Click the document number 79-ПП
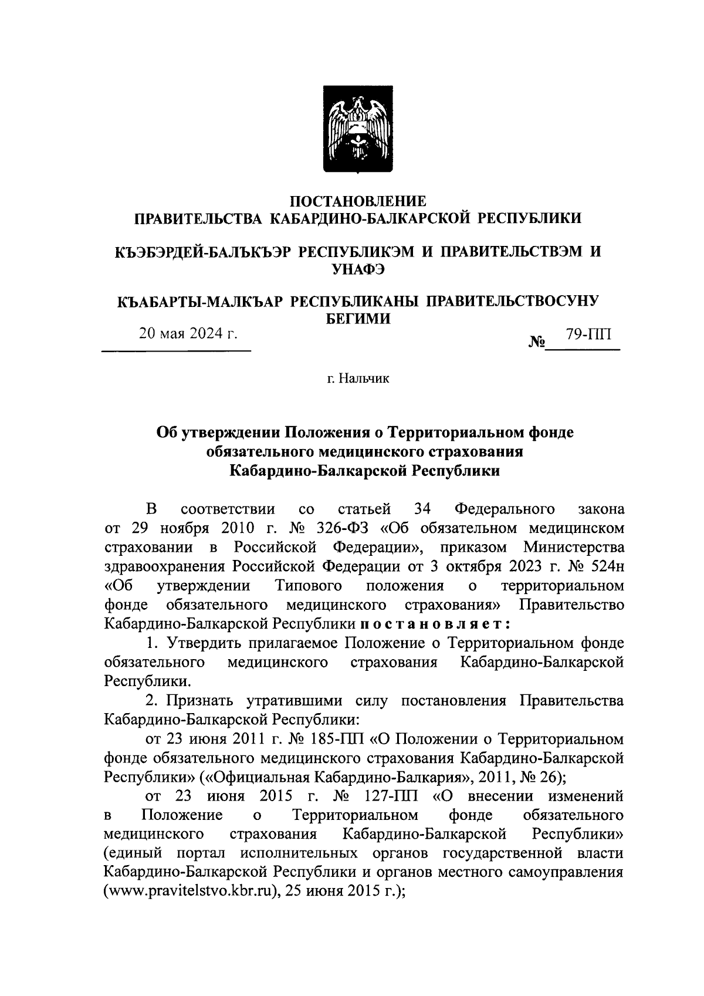coord(588,335)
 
